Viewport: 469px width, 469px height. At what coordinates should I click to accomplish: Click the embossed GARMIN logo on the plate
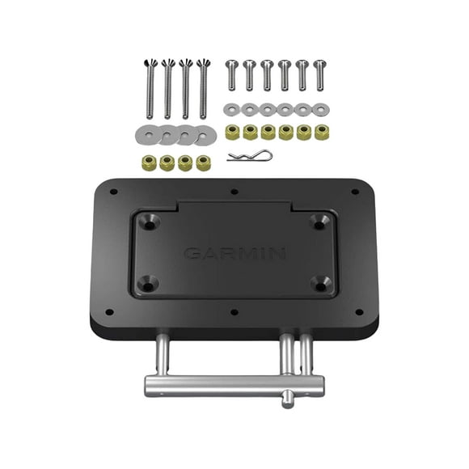coord(234,254)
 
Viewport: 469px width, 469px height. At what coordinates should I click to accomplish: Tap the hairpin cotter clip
coord(250,156)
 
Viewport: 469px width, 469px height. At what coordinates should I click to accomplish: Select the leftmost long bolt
coord(150,89)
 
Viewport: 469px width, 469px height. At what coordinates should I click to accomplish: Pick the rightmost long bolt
coord(203,89)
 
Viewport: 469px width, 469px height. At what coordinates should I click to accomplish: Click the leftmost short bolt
coord(231,75)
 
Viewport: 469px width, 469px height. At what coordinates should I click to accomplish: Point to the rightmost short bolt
coord(319,75)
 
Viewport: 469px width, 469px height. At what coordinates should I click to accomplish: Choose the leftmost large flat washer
coord(148,134)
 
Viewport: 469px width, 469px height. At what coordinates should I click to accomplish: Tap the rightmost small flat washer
coord(321,109)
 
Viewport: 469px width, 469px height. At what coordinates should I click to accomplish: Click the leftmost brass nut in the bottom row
coord(149,163)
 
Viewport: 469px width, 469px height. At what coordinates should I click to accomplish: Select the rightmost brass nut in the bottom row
coord(204,163)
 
